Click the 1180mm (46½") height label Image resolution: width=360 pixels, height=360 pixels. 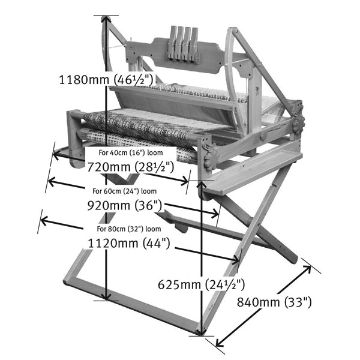point(107,79)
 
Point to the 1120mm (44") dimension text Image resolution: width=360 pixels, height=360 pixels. point(128,243)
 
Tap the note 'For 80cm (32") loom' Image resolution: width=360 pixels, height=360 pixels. point(128,229)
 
